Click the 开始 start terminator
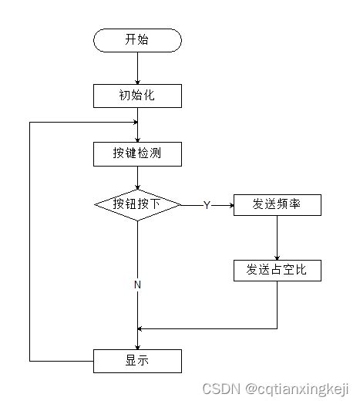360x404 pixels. (137, 40)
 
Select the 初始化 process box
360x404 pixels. (137, 96)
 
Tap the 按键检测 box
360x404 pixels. (137, 153)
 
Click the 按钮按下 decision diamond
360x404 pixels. (137, 204)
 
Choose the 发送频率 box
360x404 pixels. (277, 204)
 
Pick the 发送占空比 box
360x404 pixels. (277, 270)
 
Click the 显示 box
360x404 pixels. (137, 360)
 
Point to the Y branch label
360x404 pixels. (207, 205)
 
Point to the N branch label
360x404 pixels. (137, 284)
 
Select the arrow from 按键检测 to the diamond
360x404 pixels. (137, 177)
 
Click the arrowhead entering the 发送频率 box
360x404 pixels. (230, 205)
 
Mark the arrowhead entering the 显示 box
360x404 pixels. (137, 345)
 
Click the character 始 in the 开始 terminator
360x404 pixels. (143, 40)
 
